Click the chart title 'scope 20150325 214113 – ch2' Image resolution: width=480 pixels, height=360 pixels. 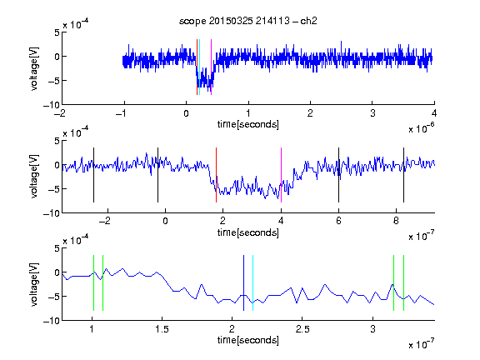coord(248,21)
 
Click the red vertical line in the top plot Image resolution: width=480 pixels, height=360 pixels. coord(197,67)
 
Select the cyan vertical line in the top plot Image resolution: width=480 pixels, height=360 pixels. coord(200,67)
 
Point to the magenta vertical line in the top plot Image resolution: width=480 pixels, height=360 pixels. coord(211,67)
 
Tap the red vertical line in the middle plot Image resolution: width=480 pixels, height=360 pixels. coord(216,175)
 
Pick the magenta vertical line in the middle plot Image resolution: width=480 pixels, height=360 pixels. coord(281,175)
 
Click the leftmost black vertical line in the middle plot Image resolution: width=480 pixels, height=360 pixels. coord(93,175)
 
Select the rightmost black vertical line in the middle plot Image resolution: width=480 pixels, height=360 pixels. coord(403,175)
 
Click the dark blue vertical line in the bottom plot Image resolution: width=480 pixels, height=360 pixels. coord(243,282)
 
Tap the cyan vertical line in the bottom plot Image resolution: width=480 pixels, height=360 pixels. coord(252,282)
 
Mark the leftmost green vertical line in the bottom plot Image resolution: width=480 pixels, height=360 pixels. coord(93,282)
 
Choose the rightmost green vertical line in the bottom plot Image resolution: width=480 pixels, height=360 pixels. coord(403,282)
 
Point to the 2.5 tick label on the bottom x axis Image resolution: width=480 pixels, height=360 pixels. coord(302,329)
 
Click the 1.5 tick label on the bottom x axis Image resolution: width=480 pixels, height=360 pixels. coord(162,329)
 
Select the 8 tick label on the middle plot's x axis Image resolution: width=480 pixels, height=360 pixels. coord(396,221)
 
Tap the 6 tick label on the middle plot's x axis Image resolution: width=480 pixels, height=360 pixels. coord(338,221)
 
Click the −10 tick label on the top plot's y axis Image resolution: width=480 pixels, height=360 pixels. coord(51,105)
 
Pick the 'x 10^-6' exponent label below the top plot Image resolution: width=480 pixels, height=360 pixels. coord(422,128)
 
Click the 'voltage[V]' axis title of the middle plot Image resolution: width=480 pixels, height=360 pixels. coord(34,177)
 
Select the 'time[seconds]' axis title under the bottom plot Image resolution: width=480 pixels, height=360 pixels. coord(248,340)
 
